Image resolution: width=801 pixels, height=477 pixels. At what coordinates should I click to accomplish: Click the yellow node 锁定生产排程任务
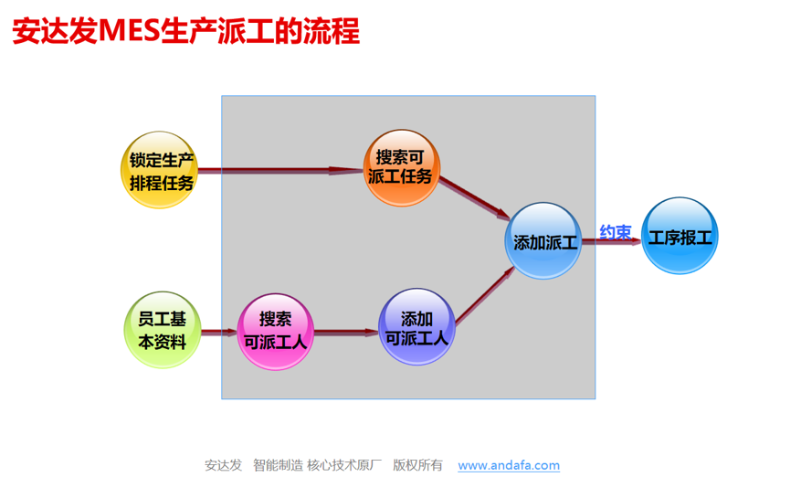(x=160, y=170)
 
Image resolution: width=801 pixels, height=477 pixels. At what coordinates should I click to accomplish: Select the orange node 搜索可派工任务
(x=402, y=168)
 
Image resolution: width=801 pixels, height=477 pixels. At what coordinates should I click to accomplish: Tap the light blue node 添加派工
(x=543, y=241)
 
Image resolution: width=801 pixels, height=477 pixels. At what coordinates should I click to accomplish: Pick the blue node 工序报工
(x=680, y=236)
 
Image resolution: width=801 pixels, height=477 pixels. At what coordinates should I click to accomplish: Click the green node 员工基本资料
(x=163, y=330)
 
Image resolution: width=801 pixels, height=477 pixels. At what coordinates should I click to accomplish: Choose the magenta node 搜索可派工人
(x=275, y=332)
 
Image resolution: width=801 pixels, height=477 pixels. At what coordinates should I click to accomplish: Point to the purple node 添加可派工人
(x=416, y=327)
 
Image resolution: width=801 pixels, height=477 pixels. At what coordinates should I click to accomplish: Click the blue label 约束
(x=615, y=232)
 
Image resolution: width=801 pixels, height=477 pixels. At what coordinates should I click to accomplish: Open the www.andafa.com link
(x=509, y=465)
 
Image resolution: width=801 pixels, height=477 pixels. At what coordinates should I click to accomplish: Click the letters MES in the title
(x=129, y=31)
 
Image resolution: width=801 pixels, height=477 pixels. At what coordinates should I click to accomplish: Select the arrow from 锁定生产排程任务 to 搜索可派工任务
(x=281, y=171)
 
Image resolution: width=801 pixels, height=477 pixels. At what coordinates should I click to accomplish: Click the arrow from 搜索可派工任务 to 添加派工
(x=474, y=198)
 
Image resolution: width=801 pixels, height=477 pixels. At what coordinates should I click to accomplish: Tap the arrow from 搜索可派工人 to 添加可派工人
(x=346, y=333)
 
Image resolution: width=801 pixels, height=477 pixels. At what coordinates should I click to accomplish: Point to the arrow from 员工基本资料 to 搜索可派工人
(x=219, y=333)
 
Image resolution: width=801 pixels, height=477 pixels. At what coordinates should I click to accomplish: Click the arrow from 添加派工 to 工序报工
(x=611, y=241)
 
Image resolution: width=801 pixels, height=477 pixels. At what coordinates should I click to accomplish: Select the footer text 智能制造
(x=278, y=465)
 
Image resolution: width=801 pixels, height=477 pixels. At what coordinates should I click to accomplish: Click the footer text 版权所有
(x=417, y=465)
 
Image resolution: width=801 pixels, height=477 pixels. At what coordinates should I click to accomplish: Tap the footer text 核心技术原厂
(x=344, y=465)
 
